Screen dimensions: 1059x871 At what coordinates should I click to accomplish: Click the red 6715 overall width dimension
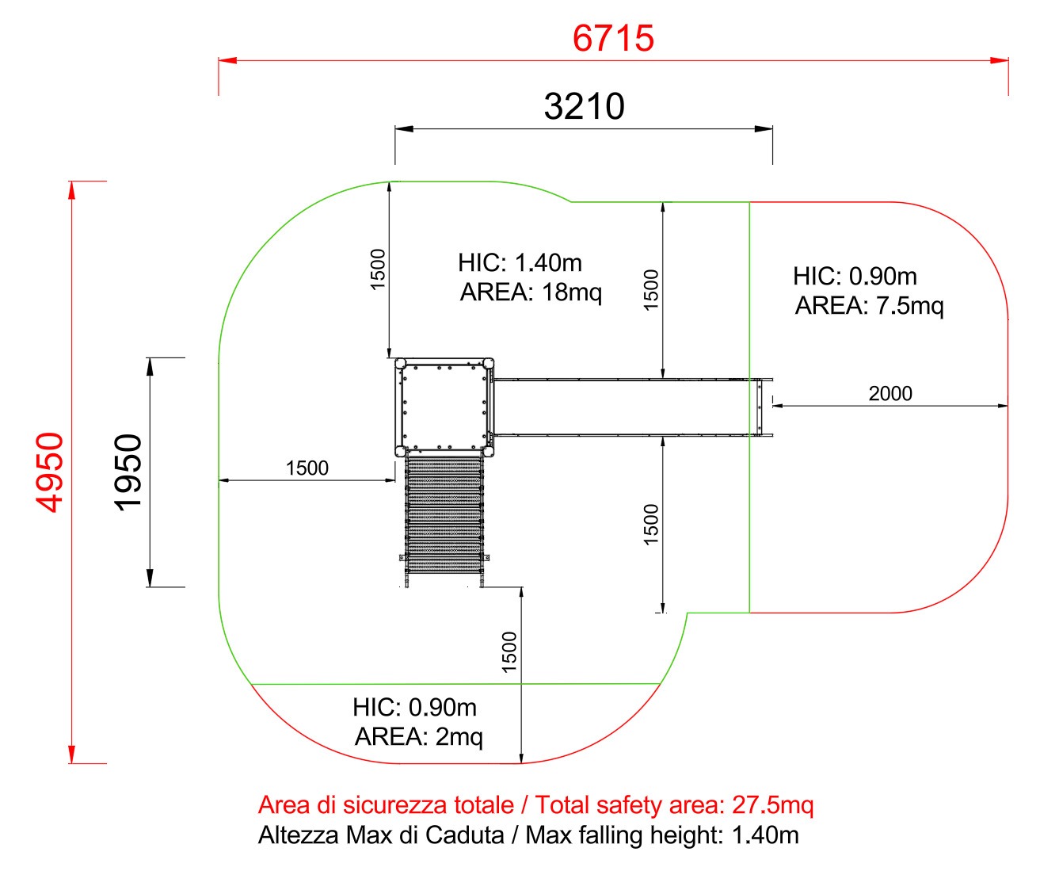click(613, 38)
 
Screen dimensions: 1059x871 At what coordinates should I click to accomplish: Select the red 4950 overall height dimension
click(49, 472)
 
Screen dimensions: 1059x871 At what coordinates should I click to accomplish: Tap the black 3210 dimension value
click(584, 106)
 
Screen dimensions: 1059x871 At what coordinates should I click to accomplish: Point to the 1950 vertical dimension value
click(128, 472)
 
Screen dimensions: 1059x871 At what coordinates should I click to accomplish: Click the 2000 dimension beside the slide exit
click(890, 393)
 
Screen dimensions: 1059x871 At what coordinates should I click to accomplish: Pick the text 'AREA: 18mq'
click(531, 292)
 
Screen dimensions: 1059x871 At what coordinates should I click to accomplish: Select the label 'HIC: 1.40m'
click(520, 262)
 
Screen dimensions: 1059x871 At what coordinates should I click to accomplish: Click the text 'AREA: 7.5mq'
click(869, 306)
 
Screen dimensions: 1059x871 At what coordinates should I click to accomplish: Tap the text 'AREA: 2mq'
click(419, 737)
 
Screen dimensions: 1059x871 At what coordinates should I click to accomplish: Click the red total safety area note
click(535, 804)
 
